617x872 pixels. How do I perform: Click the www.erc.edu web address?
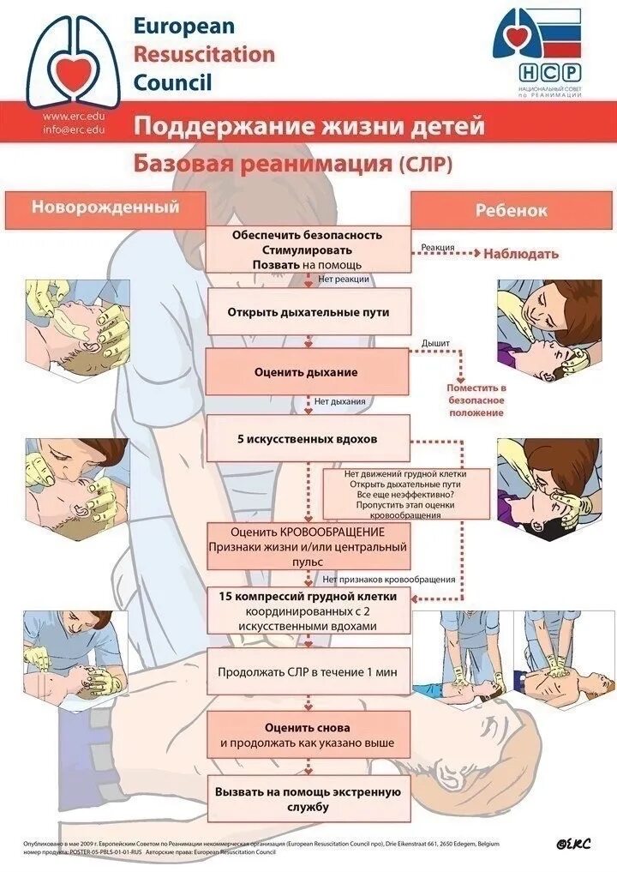coord(75,117)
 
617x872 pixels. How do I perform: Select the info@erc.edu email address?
coord(75,129)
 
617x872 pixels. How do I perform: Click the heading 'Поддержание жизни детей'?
coord(308,127)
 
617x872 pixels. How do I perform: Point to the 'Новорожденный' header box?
coord(105,207)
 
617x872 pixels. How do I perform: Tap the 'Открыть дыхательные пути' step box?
coord(308,312)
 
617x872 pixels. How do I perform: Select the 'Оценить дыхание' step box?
coord(307,372)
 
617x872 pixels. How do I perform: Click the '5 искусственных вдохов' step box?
coord(308,439)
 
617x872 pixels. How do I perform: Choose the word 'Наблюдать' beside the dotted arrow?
coord(521,253)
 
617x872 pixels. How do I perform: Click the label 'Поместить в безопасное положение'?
coord(476,400)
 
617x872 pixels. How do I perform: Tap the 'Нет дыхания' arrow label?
coord(339,401)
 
